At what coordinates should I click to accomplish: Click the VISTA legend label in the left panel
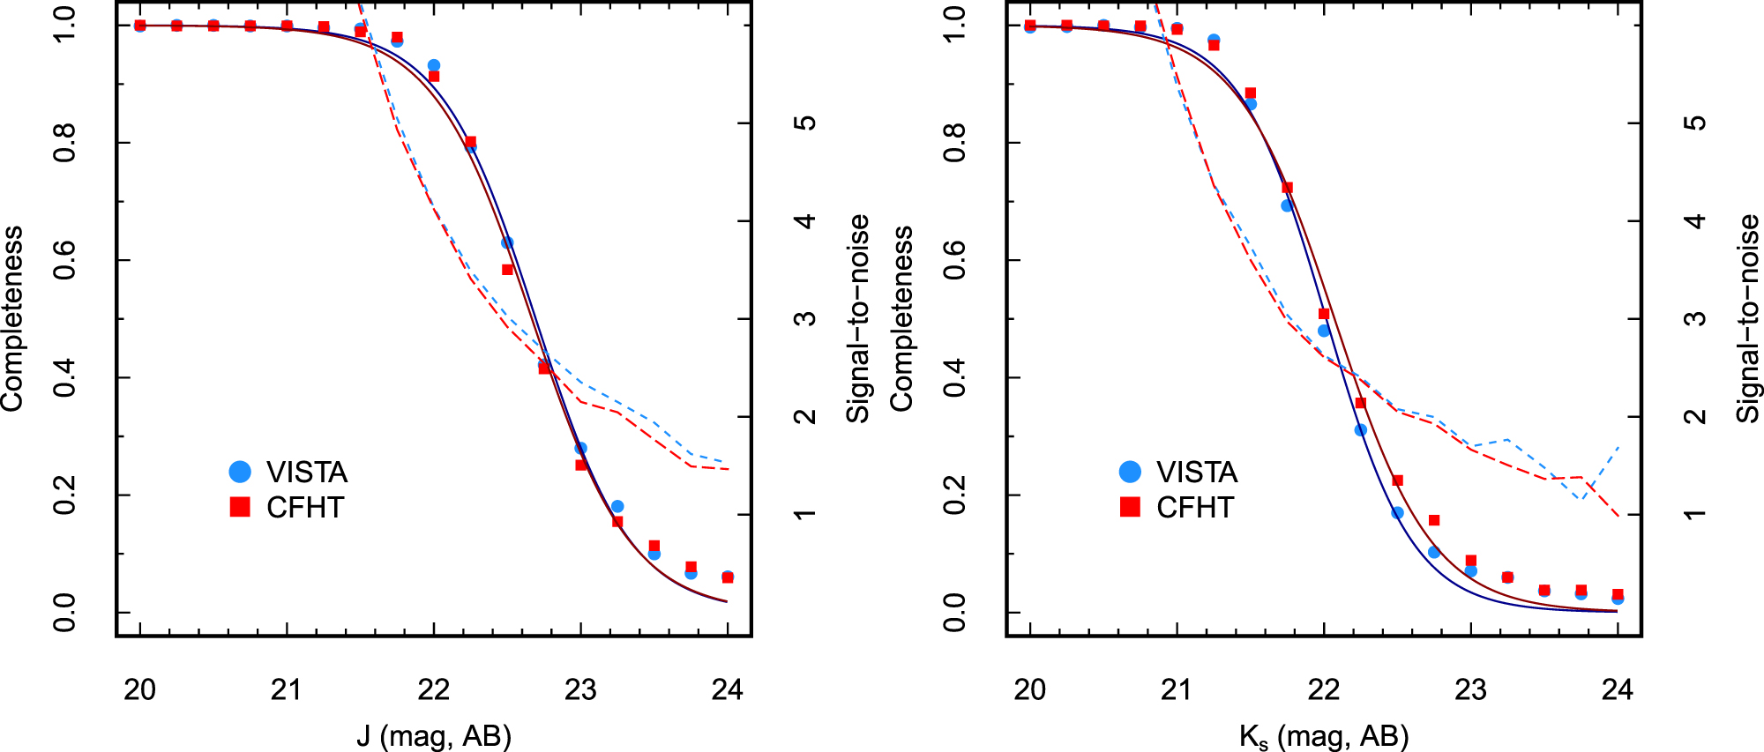tap(307, 473)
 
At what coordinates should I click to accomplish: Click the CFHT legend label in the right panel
tap(1195, 508)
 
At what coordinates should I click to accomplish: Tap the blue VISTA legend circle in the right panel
tap(1130, 472)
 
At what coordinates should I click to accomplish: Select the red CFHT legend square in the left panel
tap(240, 507)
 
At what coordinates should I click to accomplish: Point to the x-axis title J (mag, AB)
tap(434, 735)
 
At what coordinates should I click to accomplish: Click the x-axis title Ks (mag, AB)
tap(1323, 736)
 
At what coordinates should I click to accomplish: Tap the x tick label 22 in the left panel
tap(434, 689)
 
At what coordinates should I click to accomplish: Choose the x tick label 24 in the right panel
tap(1618, 689)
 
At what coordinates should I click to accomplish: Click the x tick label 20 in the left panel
tap(140, 689)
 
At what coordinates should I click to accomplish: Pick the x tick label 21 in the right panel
tap(1177, 689)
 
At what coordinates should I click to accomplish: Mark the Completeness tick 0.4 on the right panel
tap(955, 377)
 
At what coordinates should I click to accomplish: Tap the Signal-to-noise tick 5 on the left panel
tap(805, 123)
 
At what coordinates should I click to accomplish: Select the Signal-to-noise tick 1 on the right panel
tap(1695, 514)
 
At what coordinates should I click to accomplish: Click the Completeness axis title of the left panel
tap(12, 318)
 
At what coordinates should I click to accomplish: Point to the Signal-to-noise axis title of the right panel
tap(1748, 318)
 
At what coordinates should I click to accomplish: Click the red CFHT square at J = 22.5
tap(507, 270)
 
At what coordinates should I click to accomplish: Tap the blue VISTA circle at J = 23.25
tap(617, 507)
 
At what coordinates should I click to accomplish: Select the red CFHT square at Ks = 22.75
tap(1434, 520)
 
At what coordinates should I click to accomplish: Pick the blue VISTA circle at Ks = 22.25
tap(1360, 430)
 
